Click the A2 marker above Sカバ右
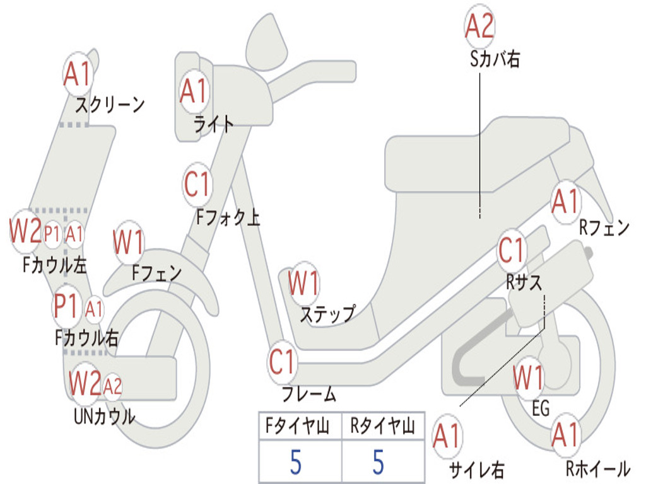point(479,26)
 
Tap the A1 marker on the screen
point(78,74)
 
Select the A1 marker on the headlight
point(193,91)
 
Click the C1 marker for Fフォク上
point(197,184)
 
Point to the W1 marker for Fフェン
point(129,242)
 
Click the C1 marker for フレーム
point(282,362)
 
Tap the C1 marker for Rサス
point(512,250)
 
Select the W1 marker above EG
point(528,378)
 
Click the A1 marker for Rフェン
point(565,202)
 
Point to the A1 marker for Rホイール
point(565,435)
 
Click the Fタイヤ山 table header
point(298,428)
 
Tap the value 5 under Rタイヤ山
point(379,463)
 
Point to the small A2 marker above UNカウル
point(112,385)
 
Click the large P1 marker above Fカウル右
point(67,307)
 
